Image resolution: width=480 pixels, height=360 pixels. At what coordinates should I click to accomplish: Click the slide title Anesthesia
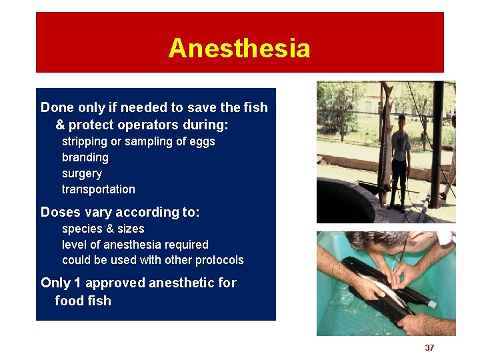pyautogui.click(x=239, y=49)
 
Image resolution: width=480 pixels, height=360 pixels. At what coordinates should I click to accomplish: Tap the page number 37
pyautogui.click(x=429, y=347)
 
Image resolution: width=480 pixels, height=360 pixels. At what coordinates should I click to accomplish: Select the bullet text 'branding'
pyautogui.click(x=85, y=157)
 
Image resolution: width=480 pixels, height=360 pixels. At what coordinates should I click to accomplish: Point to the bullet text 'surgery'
pyautogui.click(x=81, y=173)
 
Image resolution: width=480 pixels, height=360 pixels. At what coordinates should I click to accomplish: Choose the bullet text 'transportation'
pyautogui.click(x=98, y=189)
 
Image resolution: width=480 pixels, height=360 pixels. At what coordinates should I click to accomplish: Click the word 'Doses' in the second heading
pyautogui.click(x=61, y=212)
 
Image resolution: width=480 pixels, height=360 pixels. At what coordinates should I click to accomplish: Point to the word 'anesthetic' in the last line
pyautogui.click(x=181, y=283)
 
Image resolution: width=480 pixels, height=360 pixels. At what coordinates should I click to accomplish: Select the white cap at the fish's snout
pyautogui.click(x=431, y=304)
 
